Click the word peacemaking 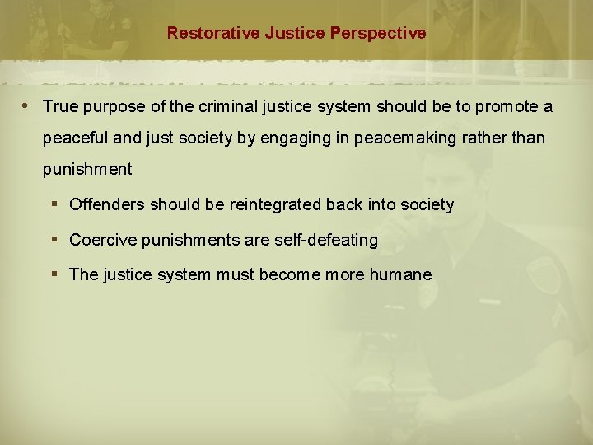point(424,138)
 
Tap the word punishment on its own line point(87,169)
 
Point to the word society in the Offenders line point(426,204)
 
